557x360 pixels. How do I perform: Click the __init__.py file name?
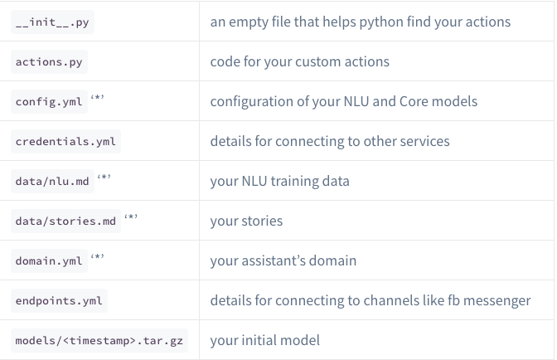tap(51, 22)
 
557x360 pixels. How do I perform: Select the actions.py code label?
tap(48, 62)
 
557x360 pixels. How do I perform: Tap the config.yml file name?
tap(48, 102)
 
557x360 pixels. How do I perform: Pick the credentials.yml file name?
tap(65, 142)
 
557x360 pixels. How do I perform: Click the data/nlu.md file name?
tap(51, 182)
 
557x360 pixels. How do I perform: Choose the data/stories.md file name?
tap(65, 221)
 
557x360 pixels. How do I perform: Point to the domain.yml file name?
tap(48, 261)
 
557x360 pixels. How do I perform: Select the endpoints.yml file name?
tap(59, 301)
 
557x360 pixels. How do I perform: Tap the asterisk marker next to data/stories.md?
tap(131, 217)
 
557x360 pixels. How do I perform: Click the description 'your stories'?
tap(246, 221)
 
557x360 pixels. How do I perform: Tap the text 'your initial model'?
tap(264, 341)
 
